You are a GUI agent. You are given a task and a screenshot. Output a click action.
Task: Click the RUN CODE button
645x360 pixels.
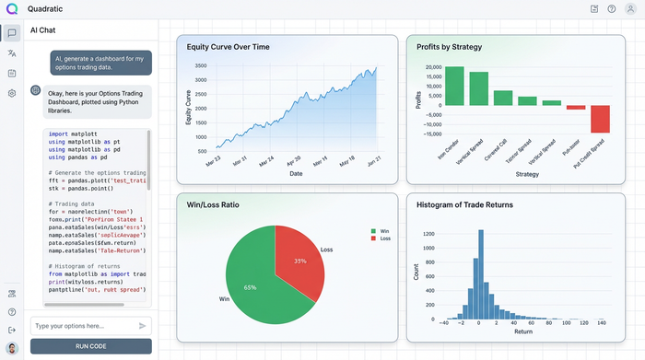tap(90, 346)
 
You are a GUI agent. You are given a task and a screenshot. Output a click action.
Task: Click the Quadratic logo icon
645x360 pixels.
tap(12, 9)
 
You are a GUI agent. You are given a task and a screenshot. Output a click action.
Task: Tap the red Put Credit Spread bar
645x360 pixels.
tap(600, 119)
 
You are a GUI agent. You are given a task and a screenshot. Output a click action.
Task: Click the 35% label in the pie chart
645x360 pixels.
tap(299, 261)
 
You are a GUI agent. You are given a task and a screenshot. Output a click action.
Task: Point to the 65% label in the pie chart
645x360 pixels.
tap(251, 287)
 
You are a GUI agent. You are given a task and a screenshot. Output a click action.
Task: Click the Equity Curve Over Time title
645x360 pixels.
tap(228, 47)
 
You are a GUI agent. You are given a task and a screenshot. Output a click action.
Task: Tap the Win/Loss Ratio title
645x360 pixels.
tap(213, 204)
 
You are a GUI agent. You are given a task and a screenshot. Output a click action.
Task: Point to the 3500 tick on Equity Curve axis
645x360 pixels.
tap(200, 66)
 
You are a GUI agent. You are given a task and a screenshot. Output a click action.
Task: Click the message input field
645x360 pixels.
tap(81, 326)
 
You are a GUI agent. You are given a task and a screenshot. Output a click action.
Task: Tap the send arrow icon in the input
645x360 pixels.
tap(143, 326)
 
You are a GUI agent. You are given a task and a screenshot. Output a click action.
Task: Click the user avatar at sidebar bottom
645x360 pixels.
tap(12, 349)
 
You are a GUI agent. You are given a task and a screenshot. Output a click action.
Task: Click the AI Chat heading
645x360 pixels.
tap(46, 30)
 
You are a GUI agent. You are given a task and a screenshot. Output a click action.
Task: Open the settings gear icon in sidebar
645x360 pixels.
tap(12, 93)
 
